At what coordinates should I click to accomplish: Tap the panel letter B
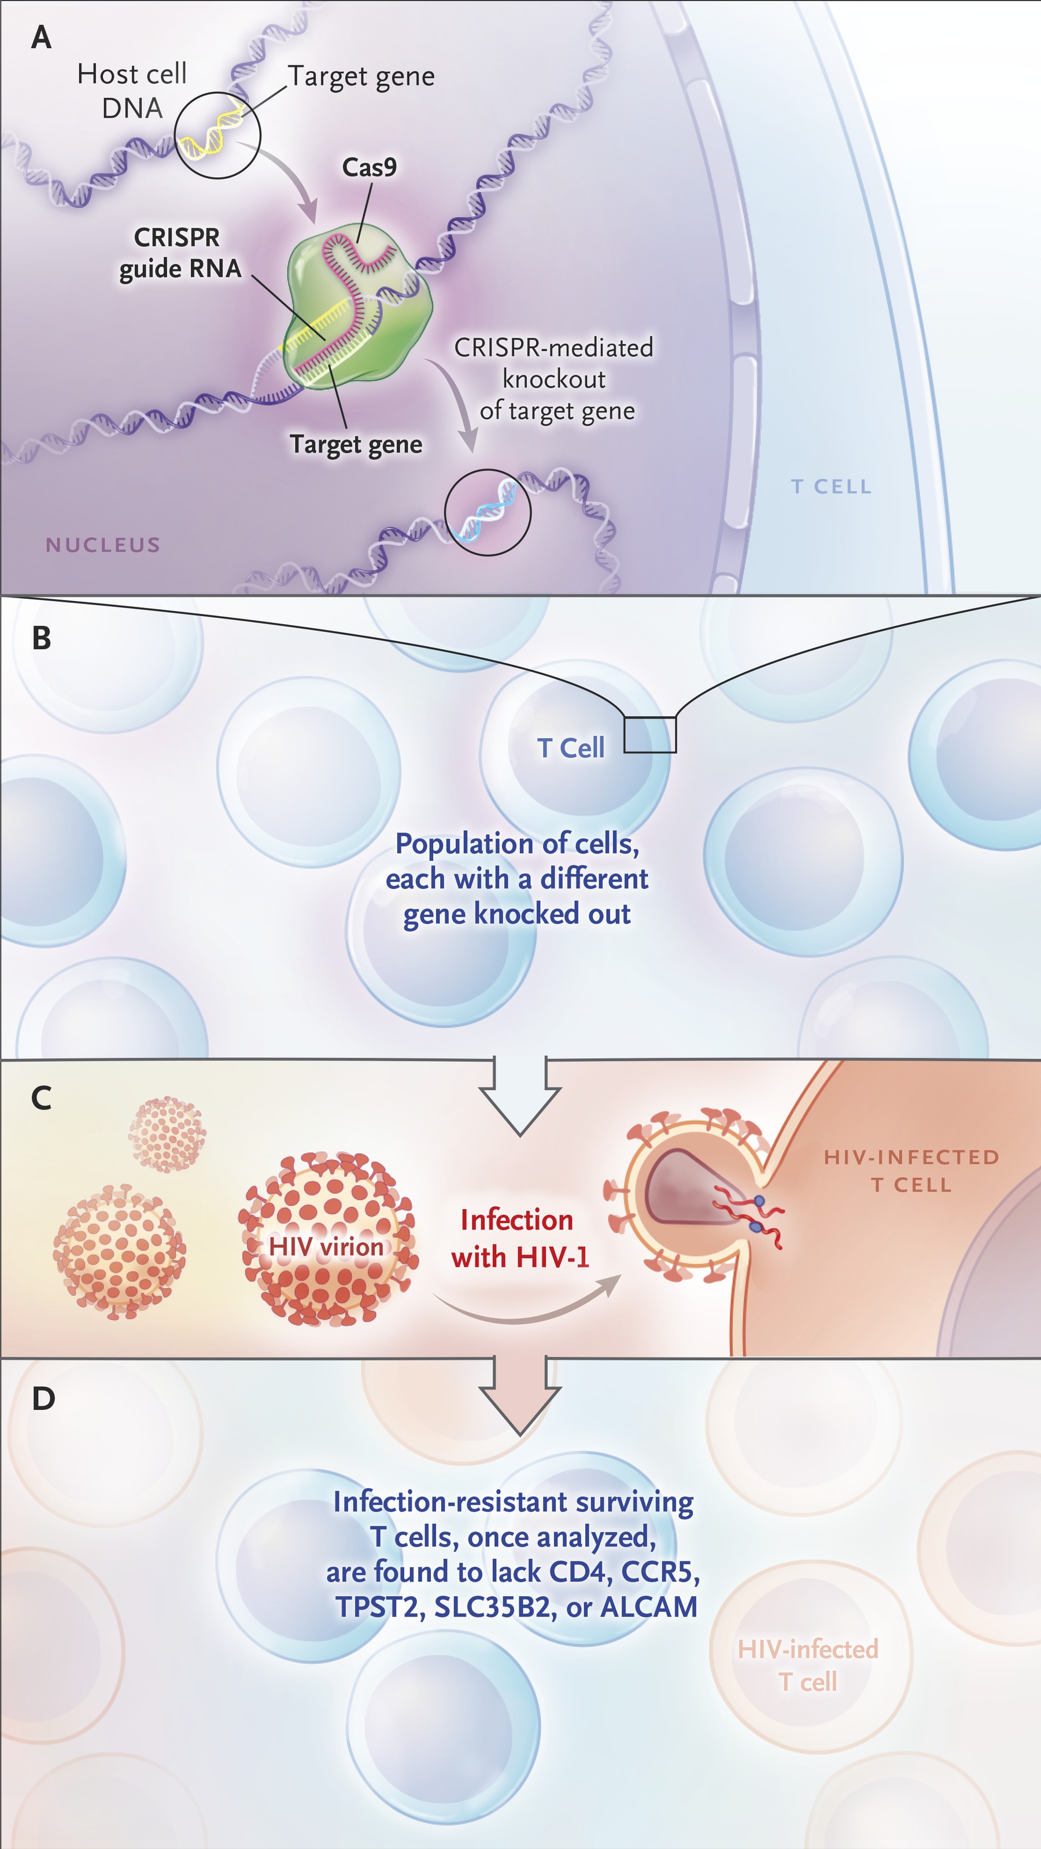click(x=42, y=638)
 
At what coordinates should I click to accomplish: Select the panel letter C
click(x=42, y=1098)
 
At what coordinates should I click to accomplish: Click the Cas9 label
click(x=370, y=167)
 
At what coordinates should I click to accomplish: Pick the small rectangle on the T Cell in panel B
click(x=649, y=734)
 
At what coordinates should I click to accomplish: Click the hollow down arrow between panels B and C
click(x=520, y=1095)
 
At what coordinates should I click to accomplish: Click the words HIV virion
click(x=326, y=1246)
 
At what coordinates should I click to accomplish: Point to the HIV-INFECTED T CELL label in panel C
click(x=911, y=1171)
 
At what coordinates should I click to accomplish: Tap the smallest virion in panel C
click(x=167, y=1133)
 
